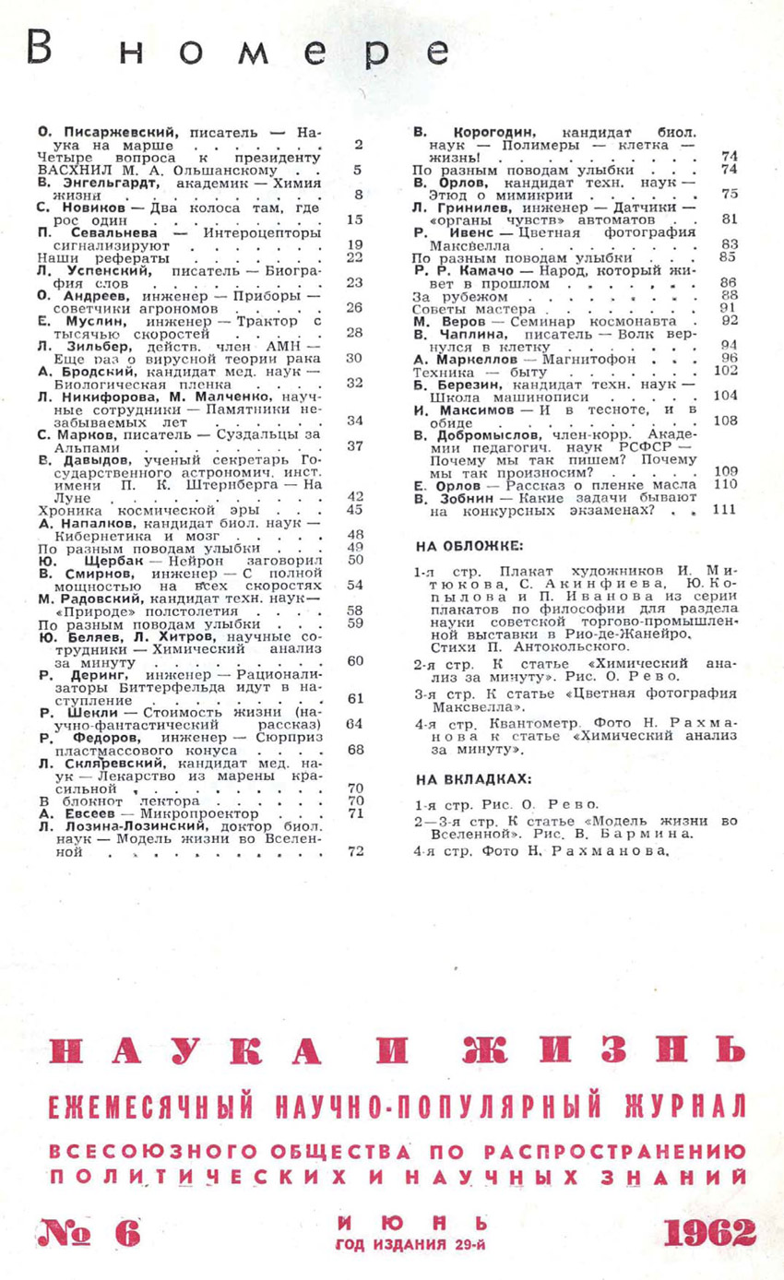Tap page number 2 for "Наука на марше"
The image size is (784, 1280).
point(358,144)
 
